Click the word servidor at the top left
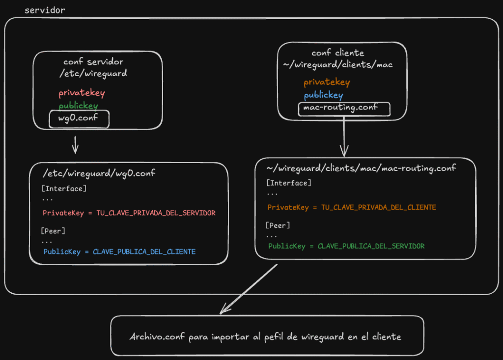(x=45, y=10)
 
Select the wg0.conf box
(x=79, y=119)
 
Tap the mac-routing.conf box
(x=344, y=109)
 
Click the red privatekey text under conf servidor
(x=82, y=93)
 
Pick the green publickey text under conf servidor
(x=78, y=106)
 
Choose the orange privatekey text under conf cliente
(x=326, y=83)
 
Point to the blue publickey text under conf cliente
(x=323, y=95)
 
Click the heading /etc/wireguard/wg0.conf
(x=100, y=173)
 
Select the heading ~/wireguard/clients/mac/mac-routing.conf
(x=362, y=168)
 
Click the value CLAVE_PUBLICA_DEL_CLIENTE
(x=144, y=251)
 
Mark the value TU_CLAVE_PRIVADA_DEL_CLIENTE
(x=378, y=207)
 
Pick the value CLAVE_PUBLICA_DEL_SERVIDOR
(x=371, y=246)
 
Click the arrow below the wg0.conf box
(x=75, y=145)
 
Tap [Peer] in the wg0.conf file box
(x=53, y=231)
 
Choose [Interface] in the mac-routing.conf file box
(x=288, y=183)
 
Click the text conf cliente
(x=337, y=53)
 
